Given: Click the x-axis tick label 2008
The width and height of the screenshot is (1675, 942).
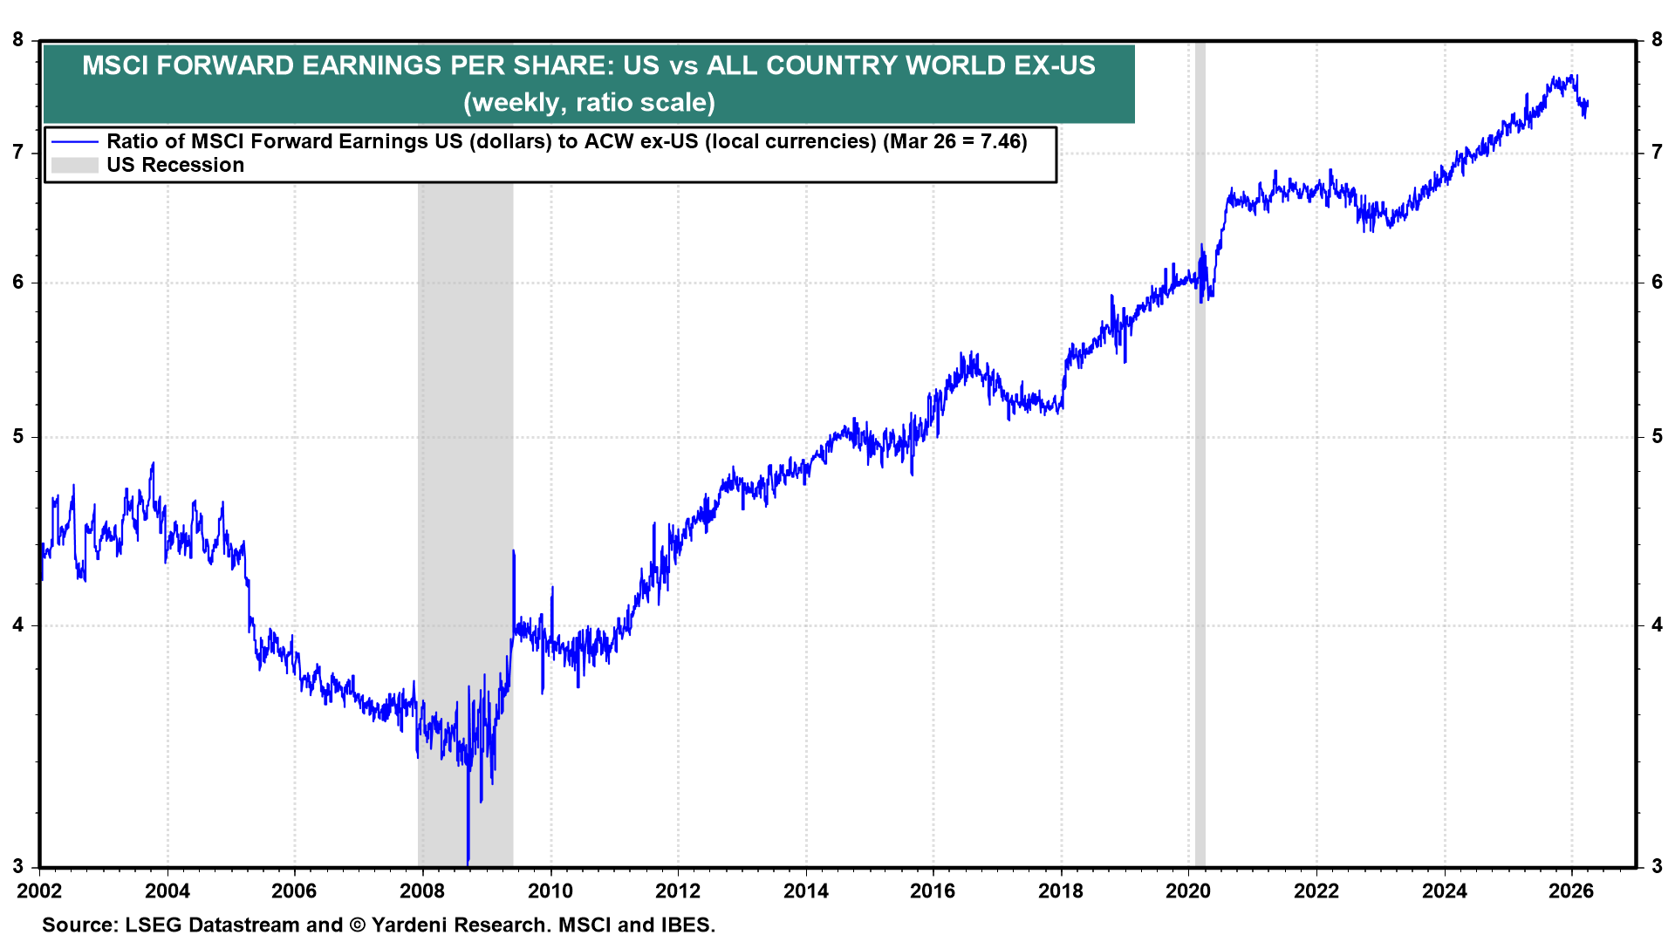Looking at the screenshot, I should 422,891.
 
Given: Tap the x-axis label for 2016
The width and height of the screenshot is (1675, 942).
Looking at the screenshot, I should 933,891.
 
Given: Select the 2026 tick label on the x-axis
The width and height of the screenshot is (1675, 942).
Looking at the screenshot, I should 1570,891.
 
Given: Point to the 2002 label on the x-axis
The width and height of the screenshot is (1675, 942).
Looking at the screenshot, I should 40,891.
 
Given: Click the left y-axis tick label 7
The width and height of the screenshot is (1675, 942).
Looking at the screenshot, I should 18,153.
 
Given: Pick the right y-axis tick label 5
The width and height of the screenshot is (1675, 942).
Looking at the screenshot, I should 1657,436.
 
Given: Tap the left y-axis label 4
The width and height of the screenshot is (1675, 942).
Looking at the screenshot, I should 18,625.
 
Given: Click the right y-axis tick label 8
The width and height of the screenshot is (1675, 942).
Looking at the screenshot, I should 1657,39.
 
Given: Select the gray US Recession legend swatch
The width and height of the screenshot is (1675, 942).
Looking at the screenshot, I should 75,165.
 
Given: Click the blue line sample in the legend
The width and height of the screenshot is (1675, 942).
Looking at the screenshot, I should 75,141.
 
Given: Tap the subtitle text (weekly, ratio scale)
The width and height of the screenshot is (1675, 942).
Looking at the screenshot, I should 589,102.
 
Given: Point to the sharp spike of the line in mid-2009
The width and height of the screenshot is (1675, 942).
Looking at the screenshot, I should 513,552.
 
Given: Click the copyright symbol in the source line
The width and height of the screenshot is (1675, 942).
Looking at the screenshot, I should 357,925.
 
